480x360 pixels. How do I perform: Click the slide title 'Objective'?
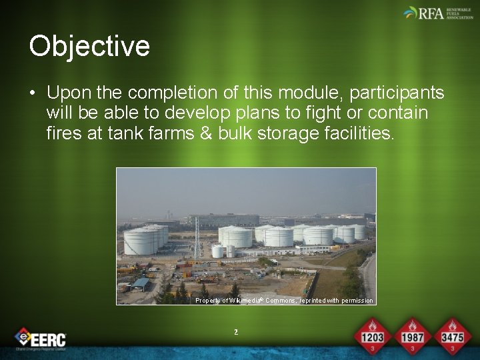point(89,47)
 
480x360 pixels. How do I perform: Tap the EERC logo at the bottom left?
point(41,339)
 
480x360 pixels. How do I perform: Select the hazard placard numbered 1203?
point(372,335)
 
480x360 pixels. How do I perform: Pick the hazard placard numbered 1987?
point(412,335)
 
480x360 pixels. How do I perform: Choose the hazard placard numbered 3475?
point(451,335)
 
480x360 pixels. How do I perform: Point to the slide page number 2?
point(236,331)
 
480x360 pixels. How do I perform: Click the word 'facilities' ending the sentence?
point(353,133)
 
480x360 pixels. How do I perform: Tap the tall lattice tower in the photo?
point(197,233)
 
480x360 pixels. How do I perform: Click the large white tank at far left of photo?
point(141,240)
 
